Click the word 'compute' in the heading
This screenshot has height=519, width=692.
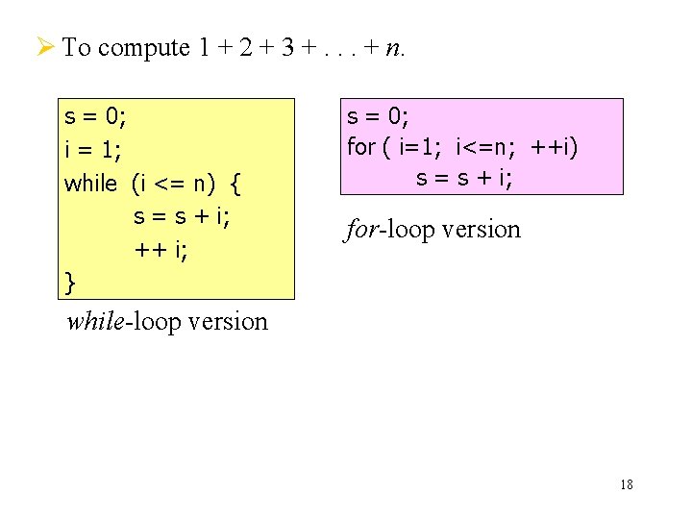pos(143,47)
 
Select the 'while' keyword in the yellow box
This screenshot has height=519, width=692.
pos(90,183)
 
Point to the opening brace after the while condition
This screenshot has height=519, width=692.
pos(237,183)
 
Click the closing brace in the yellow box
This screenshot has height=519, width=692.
pos(70,283)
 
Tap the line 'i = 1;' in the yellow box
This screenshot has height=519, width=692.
pos(91,150)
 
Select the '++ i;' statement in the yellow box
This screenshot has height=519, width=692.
pos(161,250)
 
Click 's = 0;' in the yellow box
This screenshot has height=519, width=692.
pos(95,117)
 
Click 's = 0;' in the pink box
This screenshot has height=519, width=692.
pos(378,116)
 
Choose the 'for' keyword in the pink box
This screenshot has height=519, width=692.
pos(361,147)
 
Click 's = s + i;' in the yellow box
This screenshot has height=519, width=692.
pos(183,216)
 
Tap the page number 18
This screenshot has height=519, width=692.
pos(627,484)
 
